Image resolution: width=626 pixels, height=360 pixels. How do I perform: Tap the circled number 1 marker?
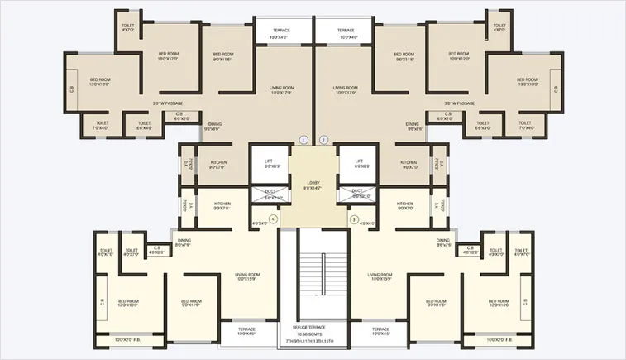click(x=303, y=139)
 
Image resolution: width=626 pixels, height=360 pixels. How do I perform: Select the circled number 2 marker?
click(x=323, y=139)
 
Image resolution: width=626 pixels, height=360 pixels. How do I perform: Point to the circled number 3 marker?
click(x=353, y=219)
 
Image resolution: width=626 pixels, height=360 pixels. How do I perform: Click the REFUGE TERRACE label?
click(x=313, y=327)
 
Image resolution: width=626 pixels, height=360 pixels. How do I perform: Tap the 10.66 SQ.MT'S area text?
click(x=313, y=334)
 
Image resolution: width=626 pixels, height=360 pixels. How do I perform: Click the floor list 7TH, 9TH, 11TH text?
click(x=313, y=341)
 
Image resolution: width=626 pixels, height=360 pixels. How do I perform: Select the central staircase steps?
click(x=313, y=273)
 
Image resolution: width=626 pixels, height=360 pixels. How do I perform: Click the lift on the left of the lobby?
click(x=269, y=164)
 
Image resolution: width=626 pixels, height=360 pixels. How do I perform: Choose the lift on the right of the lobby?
click(x=359, y=164)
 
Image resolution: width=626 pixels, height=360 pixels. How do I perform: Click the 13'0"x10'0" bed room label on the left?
click(x=100, y=82)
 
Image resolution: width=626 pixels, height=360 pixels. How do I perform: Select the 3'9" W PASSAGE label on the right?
click(x=459, y=103)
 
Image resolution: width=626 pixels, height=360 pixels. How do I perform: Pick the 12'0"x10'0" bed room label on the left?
click(x=128, y=303)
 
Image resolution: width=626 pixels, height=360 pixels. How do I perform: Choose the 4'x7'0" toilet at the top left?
click(x=127, y=28)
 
